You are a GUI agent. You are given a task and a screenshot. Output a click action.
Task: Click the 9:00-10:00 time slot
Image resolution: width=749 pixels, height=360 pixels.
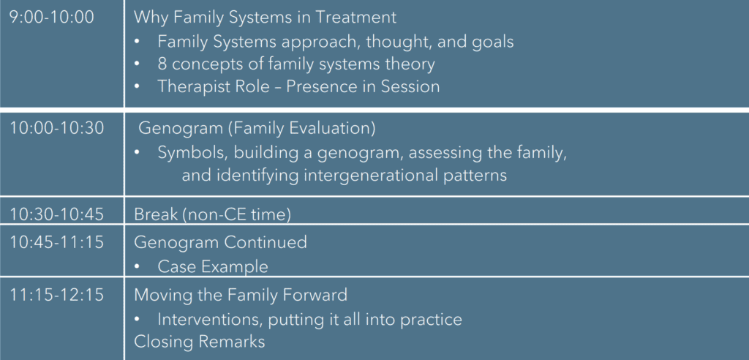pyautogui.click(x=52, y=18)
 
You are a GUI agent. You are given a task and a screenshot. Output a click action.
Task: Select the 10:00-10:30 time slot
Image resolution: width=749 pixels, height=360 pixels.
pyautogui.click(x=56, y=129)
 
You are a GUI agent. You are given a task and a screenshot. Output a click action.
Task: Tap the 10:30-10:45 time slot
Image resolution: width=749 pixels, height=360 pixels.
pyautogui.click(x=56, y=214)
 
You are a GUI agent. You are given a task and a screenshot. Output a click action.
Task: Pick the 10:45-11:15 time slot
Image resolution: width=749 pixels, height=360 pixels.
pyautogui.click(x=56, y=242)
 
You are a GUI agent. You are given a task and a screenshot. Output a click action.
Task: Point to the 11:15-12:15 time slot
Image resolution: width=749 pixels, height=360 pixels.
pyautogui.click(x=56, y=294)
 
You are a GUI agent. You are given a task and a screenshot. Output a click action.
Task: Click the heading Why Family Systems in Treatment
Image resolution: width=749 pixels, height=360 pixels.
pyautogui.click(x=265, y=18)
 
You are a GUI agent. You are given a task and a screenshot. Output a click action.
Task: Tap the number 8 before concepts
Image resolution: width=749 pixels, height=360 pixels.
pyautogui.click(x=162, y=64)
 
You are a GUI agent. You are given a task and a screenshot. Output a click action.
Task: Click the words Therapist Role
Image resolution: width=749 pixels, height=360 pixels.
pyautogui.click(x=212, y=88)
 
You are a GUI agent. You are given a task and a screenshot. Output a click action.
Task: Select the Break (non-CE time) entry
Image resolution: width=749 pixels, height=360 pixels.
pyautogui.click(x=212, y=214)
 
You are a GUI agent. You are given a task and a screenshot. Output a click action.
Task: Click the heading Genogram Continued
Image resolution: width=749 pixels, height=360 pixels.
pyautogui.click(x=220, y=243)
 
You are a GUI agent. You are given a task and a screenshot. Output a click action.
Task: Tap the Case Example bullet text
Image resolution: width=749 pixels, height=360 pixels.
pyautogui.click(x=213, y=267)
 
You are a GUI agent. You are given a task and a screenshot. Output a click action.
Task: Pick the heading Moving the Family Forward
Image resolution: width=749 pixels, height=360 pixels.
pyautogui.click(x=240, y=295)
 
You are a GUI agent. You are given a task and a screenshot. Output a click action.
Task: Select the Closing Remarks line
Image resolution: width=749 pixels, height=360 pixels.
pyautogui.click(x=199, y=342)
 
